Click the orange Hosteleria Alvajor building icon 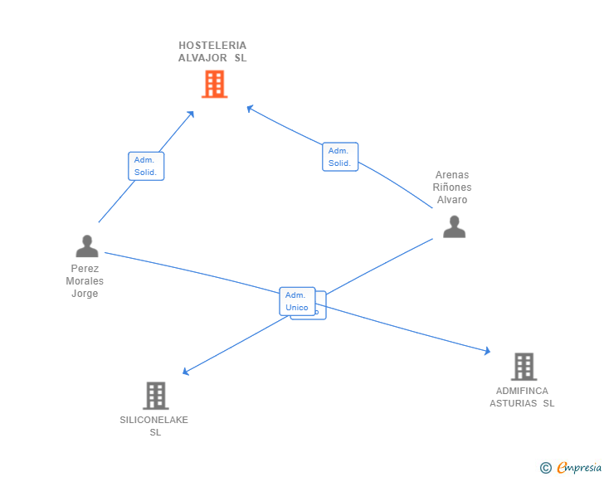[215, 84]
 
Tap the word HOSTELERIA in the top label [212, 46]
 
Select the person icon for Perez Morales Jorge [87, 246]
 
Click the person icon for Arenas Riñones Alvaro [454, 226]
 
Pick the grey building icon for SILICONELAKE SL [156, 396]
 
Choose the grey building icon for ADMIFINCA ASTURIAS [524, 367]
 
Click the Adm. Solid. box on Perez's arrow [146, 166]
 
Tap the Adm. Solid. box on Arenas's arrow [340, 157]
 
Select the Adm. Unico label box [297, 301]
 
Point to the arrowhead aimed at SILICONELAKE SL [186, 372]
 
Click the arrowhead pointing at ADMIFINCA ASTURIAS [487, 351]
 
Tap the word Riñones [452, 187]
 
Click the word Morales [85, 281]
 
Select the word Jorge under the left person [85, 294]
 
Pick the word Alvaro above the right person [452, 200]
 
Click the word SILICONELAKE [153, 420]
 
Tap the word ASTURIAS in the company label [513, 403]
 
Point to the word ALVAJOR [202, 58]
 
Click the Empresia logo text [579, 467]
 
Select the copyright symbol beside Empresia [546, 468]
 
